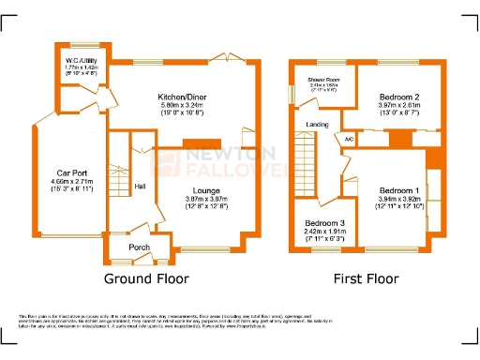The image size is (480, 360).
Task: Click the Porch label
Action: (x=140, y=247)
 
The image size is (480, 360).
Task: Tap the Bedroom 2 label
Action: (x=398, y=97)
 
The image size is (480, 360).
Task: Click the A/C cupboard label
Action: (x=350, y=139)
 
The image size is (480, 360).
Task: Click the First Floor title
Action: (x=366, y=279)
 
